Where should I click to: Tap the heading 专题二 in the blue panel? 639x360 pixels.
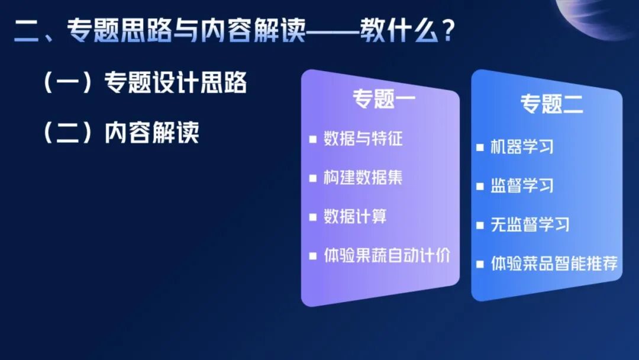coord(551,104)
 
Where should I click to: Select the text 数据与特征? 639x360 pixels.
coord(363,139)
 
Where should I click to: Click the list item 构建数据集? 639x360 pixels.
coord(363,178)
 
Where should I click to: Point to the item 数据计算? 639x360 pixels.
coord(355,217)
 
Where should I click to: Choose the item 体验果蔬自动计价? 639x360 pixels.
coord(387,256)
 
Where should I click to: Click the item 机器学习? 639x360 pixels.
coord(522,147)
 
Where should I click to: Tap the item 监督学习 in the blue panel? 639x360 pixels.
coord(522,185)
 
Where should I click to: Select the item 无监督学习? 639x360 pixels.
coord(530,224)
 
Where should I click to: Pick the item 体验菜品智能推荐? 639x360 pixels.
coord(554,263)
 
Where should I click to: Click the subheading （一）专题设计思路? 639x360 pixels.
coord(144,83)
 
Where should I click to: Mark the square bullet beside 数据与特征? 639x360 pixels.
coord(313,140)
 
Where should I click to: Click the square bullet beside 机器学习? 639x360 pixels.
coord(480,147)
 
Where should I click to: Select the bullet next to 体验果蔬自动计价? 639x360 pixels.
coord(313,256)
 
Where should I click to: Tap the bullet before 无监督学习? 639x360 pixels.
coord(480,225)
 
